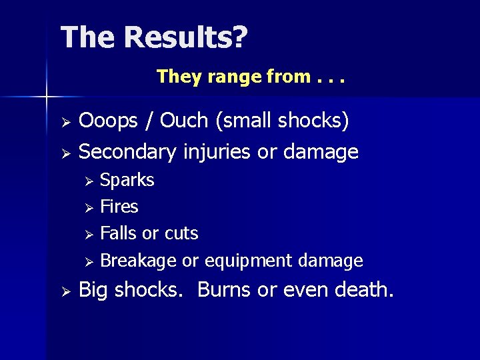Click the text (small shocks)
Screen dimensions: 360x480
point(282,121)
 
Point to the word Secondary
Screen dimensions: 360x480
point(127,152)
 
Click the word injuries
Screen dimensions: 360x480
point(217,152)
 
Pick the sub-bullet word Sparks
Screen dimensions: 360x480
point(127,181)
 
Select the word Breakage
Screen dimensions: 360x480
point(138,261)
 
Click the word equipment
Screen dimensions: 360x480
point(249,261)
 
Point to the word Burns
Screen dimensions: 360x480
point(225,290)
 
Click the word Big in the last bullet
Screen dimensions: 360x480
point(93,291)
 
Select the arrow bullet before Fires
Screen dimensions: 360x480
point(91,208)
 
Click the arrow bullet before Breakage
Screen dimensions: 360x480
point(91,261)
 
